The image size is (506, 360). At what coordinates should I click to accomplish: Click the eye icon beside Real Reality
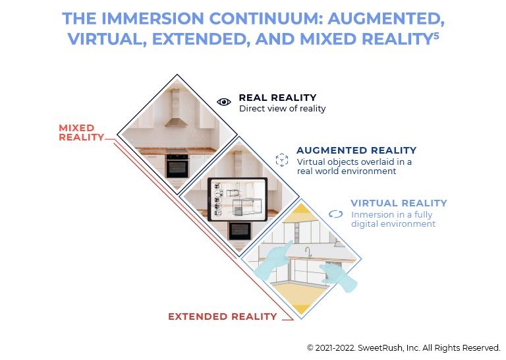[x=223, y=102]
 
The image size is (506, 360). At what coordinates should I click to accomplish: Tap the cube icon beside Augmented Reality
[x=282, y=160]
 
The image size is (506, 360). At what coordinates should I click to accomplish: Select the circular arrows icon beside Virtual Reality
[x=335, y=214]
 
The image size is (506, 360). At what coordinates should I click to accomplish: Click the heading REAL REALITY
[x=277, y=98]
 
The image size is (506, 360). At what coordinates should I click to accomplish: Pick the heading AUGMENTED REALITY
[x=356, y=150]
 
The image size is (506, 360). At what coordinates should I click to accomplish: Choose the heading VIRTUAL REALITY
[x=399, y=203]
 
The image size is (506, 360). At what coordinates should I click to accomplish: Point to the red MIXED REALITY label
[x=81, y=133]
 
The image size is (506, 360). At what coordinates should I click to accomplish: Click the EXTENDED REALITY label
[x=223, y=316]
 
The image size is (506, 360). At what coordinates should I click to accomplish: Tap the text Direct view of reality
[x=283, y=109]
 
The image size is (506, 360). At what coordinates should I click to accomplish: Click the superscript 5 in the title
[x=436, y=35]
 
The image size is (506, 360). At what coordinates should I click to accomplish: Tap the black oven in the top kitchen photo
[x=177, y=165]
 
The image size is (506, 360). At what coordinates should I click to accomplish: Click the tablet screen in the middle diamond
[x=238, y=199]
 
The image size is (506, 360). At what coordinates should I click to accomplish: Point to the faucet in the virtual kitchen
[x=308, y=253]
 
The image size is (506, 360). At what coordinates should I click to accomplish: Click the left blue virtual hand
[x=273, y=260]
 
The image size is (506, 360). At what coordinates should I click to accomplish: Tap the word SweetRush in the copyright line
[x=380, y=348]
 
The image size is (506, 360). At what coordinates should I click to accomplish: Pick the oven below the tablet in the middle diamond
[x=239, y=231]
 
